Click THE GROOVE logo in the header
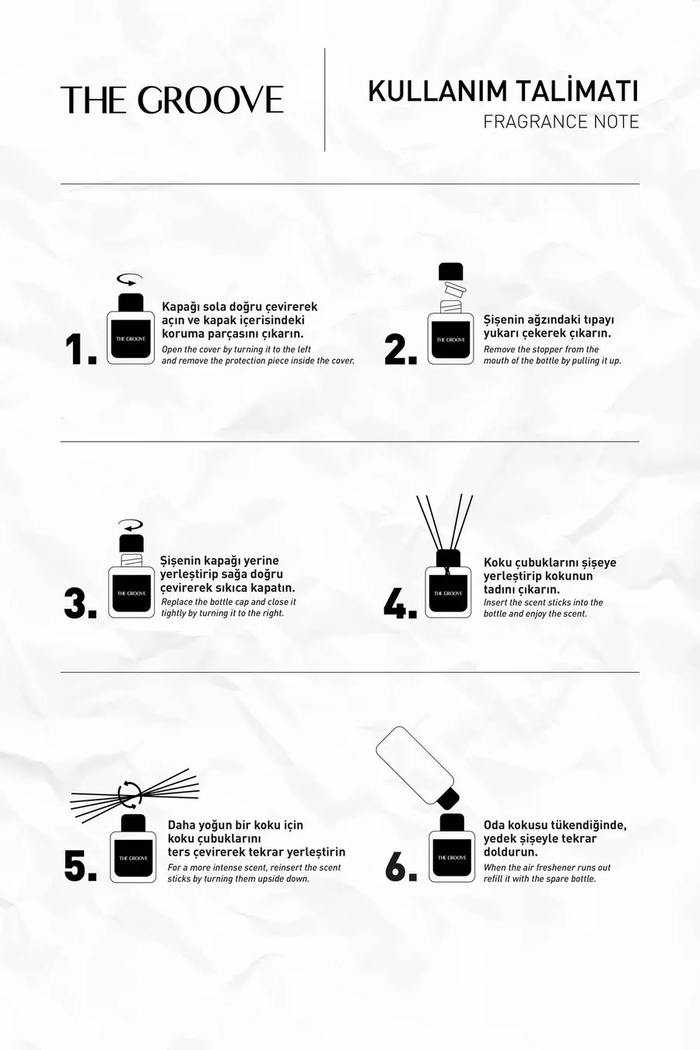(x=172, y=100)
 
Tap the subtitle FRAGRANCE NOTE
(x=562, y=122)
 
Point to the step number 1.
(x=81, y=350)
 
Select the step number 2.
(x=401, y=350)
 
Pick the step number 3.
(x=80, y=604)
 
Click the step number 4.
(x=401, y=604)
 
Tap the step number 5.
(x=80, y=865)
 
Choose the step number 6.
(x=401, y=865)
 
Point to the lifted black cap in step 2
(x=450, y=271)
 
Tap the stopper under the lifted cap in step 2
(x=450, y=289)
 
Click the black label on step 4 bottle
(x=448, y=593)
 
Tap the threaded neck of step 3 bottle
(x=131, y=559)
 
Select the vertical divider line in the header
(x=325, y=100)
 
